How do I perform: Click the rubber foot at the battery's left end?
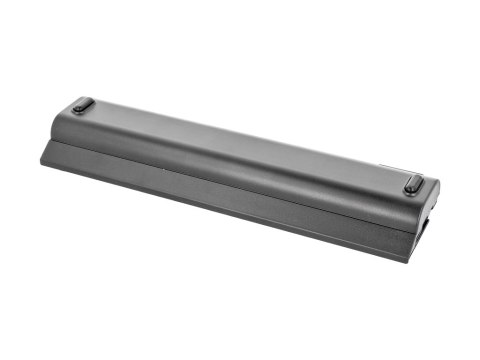[x=82, y=105]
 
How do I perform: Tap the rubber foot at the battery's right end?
[x=412, y=184]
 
